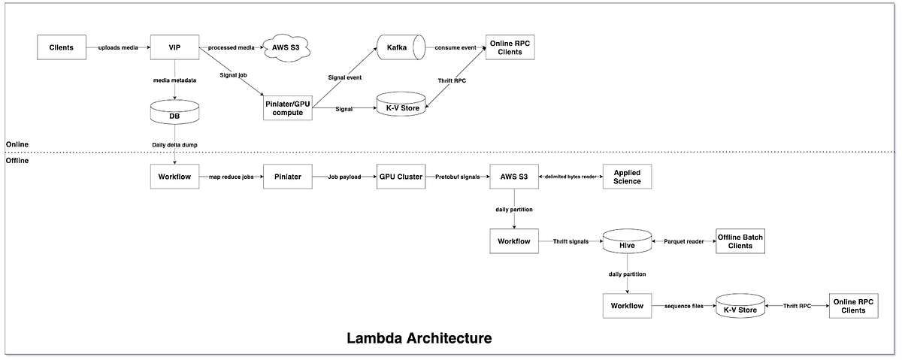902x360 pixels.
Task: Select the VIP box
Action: [174, 48]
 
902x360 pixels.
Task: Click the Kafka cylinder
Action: [397, 48]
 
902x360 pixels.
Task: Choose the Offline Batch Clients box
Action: [740, 241]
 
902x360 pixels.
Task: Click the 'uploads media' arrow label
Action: [117, 48]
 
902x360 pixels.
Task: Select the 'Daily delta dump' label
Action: [174, 144]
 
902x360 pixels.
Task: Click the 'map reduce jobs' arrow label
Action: [231, 177]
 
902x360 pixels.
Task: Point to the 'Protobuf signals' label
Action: [457, 177]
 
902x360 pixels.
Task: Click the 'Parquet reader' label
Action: [683, 241]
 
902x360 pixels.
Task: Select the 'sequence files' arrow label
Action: [683, 307]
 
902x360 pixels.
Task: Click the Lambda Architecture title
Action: [419, 337]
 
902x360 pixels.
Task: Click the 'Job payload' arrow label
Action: [344, 177]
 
